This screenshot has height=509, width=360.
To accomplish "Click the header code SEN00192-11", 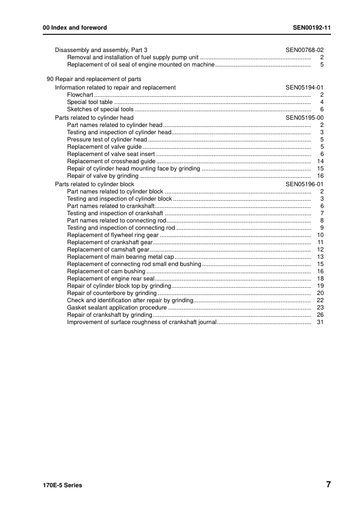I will click(311, 28).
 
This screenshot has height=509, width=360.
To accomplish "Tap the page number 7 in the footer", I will click(327, 484).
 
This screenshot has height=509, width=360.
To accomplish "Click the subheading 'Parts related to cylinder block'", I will click(94, 184).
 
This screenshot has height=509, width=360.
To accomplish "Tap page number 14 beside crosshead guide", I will click(321, 161).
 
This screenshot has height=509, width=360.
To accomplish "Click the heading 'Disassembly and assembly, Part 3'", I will click(101, 49).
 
